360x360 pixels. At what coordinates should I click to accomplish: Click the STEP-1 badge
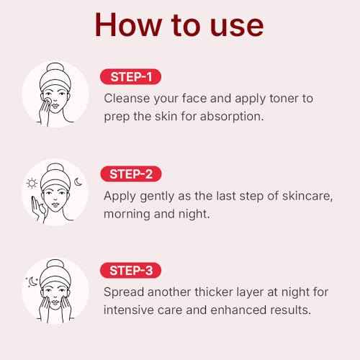(130, 76)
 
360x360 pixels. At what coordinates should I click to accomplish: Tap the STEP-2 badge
(130, 174)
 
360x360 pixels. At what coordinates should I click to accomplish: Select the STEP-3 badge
(130, 271)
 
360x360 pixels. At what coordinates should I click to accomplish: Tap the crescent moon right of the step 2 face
(78, 182)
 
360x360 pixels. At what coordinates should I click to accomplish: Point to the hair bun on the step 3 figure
(55, 267)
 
